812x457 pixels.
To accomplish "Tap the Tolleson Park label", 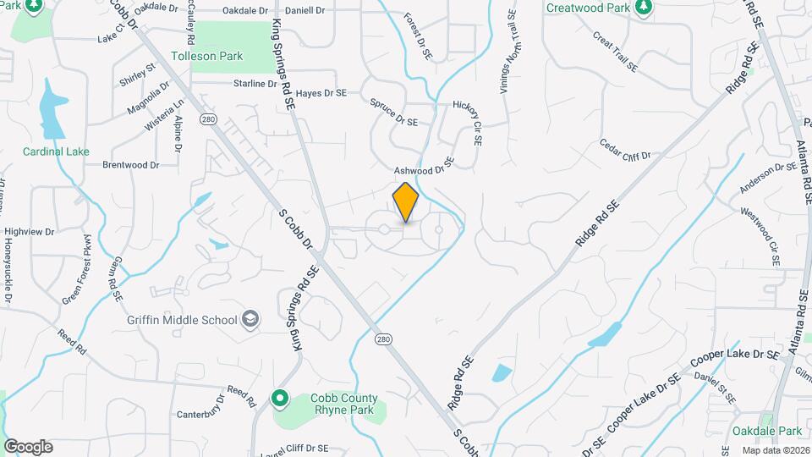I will point(206,57).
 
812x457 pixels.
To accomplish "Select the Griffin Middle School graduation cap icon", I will point(250,319).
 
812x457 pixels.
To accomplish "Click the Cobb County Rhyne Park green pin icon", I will point(280,397).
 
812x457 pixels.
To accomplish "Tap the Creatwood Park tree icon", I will point(644,7).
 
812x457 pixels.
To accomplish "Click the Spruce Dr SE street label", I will point(394,113).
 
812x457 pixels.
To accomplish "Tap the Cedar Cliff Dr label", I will point(625,150).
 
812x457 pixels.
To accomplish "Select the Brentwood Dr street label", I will point(131,165).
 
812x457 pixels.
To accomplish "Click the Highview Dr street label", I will point(29,231).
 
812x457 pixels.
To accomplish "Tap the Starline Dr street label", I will point(255,84).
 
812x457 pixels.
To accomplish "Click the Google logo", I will point(28,447).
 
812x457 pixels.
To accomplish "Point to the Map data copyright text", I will point(773,450).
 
